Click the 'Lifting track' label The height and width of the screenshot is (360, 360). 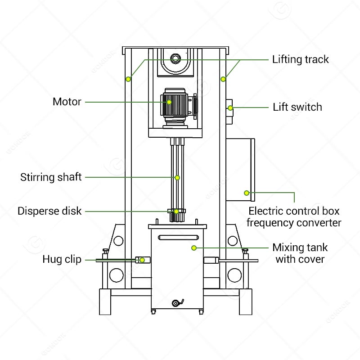coord(300,59)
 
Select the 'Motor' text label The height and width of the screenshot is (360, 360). coord(67,102)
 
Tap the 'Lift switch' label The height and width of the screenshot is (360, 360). coord(297,107)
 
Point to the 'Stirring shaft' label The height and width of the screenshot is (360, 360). coord(51,177)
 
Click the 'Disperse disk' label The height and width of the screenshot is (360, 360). coord(49,211)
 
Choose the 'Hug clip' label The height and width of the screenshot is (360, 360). coord(62,259)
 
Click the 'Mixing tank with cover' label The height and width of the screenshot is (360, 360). coord(300,253)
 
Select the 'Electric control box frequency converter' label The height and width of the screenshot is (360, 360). coord(294,216)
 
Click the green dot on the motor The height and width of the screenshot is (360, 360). coord(170,102)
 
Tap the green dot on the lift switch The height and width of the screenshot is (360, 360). coord(230,108)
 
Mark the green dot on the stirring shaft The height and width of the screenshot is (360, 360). coord(177,178)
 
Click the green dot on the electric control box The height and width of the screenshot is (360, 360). coord(247,193)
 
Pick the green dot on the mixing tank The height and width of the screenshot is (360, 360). coord(194,247)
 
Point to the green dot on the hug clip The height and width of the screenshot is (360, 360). coord(142,260)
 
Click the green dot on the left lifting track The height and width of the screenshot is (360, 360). coord(128,79)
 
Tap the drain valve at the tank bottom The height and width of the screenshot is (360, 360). coord(176,303)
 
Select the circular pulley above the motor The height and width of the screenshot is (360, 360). coord(175,59)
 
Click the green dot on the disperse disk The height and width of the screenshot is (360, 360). coord(176,211)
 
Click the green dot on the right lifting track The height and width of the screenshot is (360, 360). coord(223,79)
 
